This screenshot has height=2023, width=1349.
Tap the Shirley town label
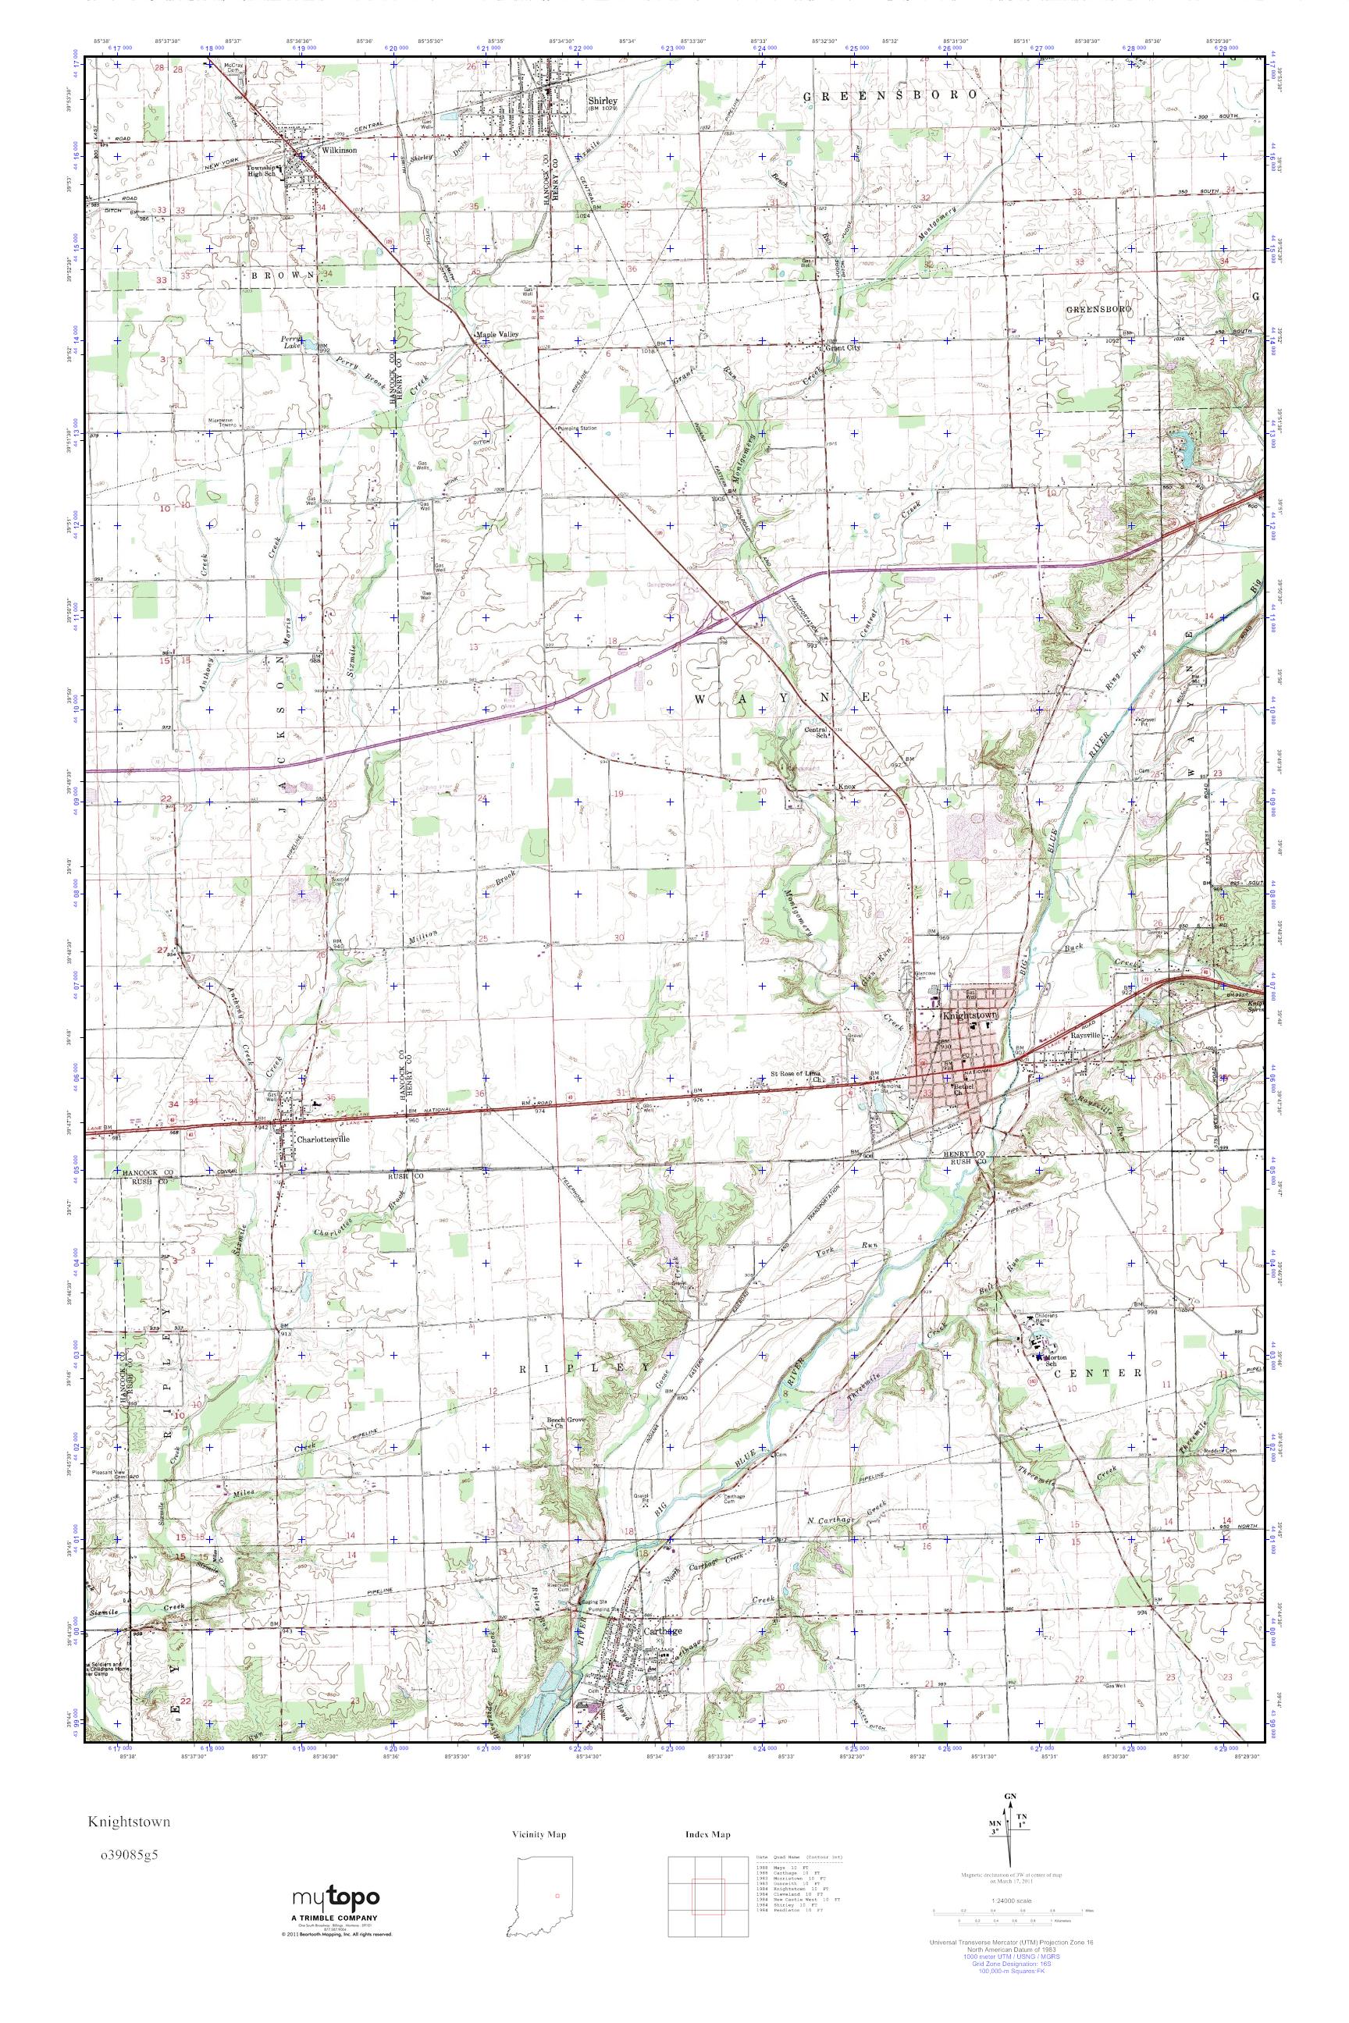598,101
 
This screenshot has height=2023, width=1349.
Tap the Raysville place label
1087,1036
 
